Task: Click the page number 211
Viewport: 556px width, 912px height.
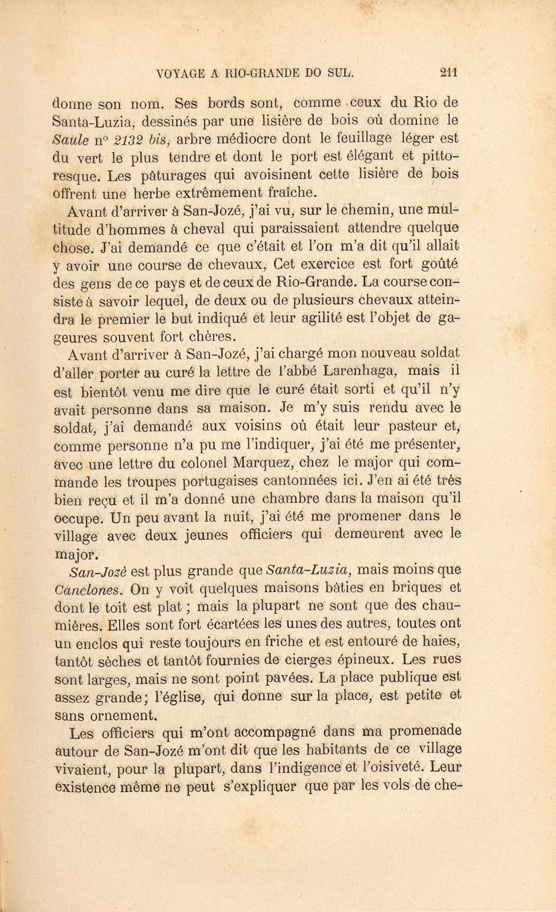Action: tap(449, 72)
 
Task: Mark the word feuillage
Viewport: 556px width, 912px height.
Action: tap(366, 139)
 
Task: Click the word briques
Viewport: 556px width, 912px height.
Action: tap(419, 588)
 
